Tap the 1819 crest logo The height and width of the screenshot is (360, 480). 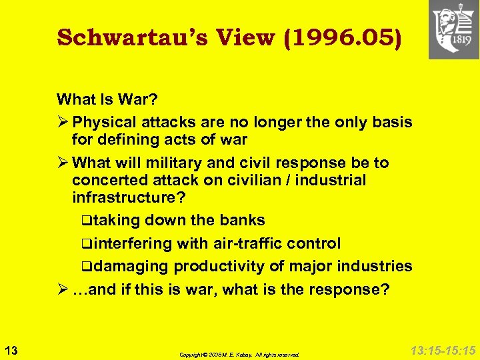coord(453,30)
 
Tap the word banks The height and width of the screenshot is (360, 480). coord(244,220)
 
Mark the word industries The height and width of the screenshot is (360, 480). coord(375,267)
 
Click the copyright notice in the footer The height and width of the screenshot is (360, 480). coord(239,355)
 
